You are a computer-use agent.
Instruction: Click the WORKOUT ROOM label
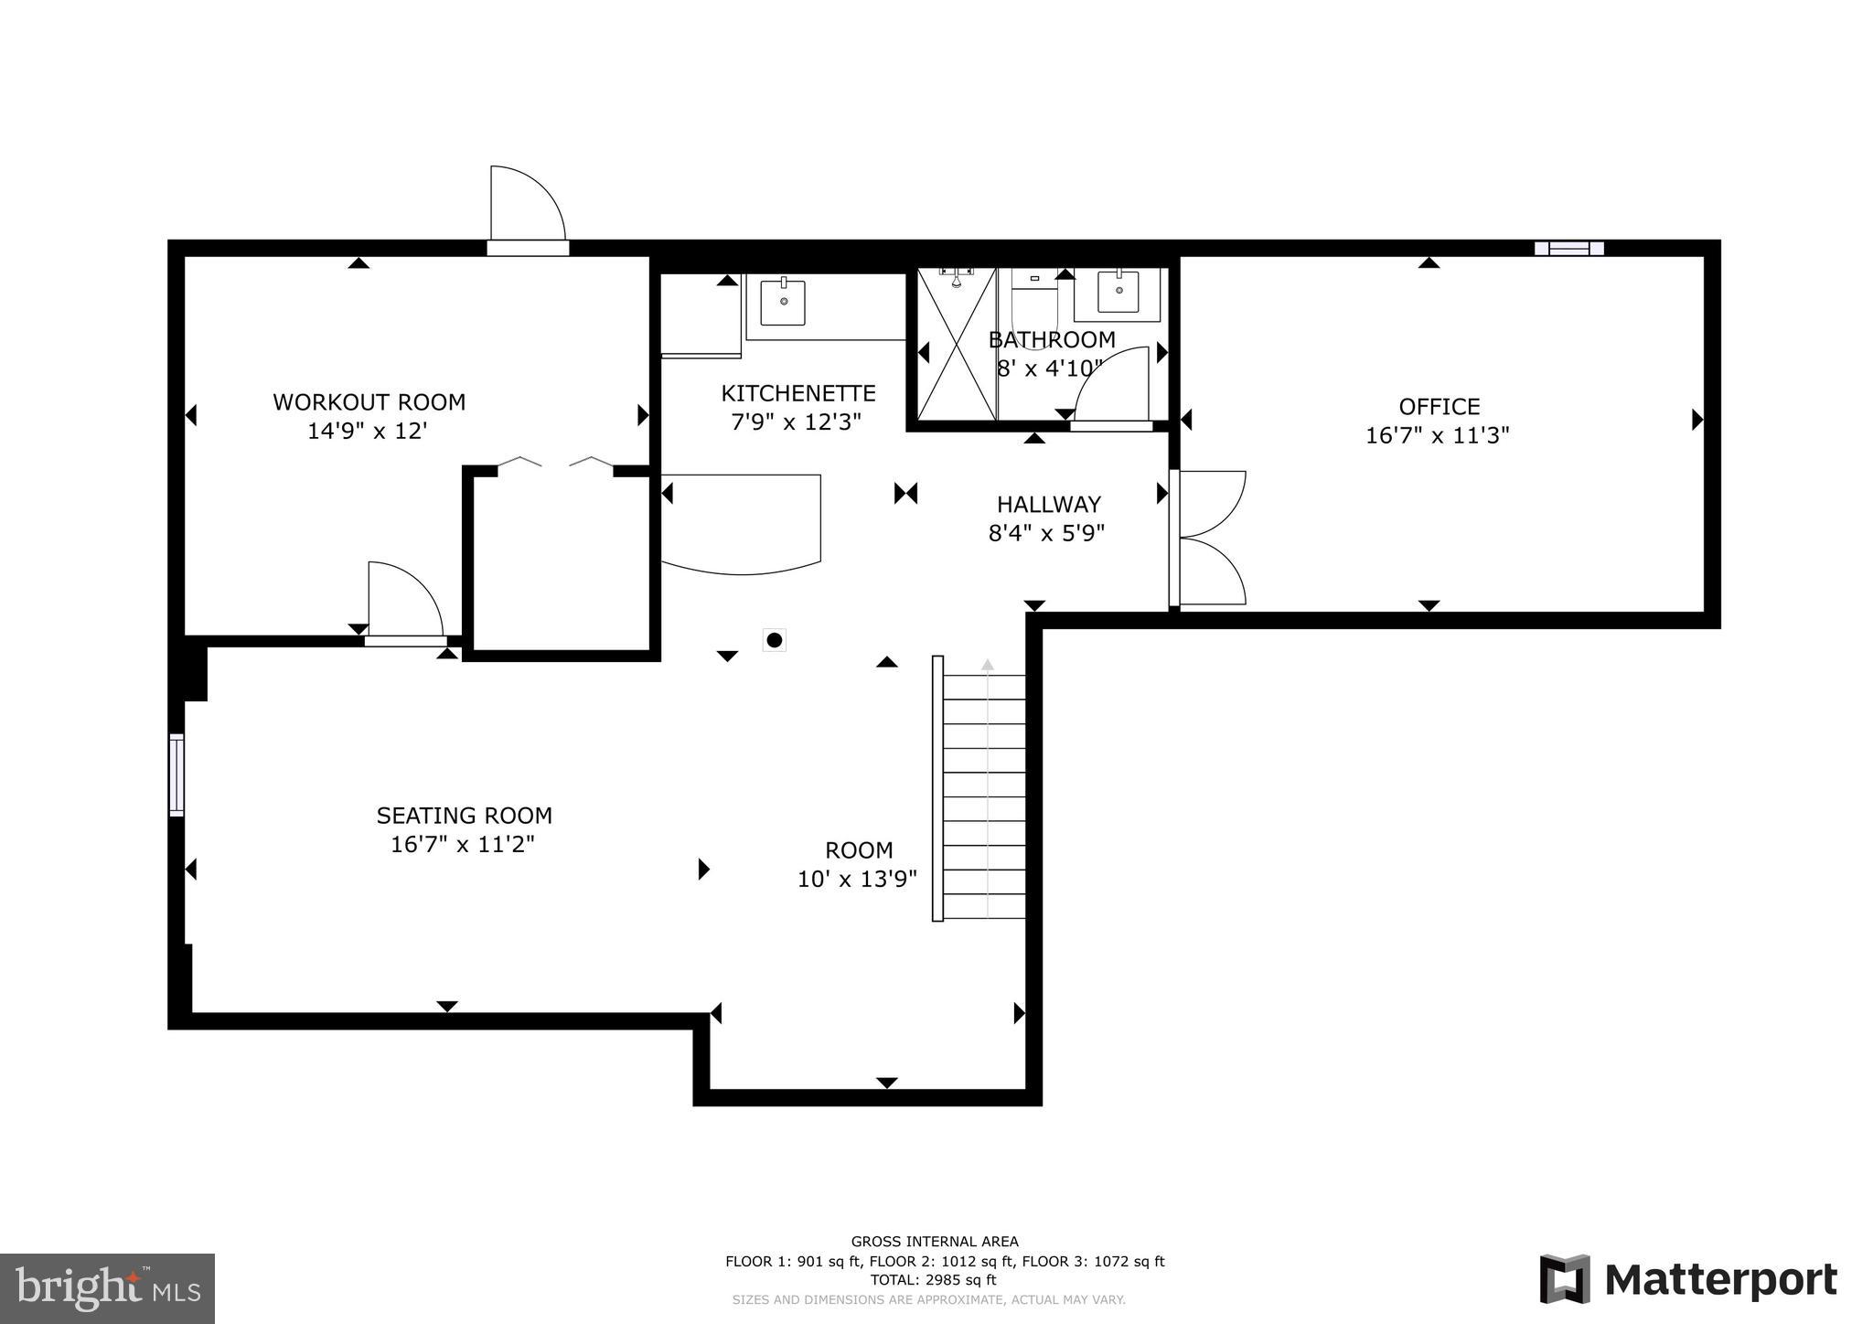point(369,402)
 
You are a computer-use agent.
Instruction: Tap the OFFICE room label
point(1439,407)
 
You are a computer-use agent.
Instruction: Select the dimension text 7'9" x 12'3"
point(796,422)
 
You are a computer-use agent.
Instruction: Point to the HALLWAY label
point(1048,505)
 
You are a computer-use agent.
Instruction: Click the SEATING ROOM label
point(464,816)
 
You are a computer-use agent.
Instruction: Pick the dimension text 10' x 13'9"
point(857,880)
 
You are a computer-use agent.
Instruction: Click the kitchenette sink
point(784,303)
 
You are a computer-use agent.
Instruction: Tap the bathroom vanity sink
point(1118,292)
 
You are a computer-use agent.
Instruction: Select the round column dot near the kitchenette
point(775,640)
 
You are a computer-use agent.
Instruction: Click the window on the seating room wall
point(177,774)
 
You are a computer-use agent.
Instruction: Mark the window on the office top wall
point(1568,248)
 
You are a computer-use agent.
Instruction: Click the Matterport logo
point(1687,1279)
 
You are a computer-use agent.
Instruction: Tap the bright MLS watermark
point(108,1288)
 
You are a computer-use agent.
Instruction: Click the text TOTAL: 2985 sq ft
point(933,1280)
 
